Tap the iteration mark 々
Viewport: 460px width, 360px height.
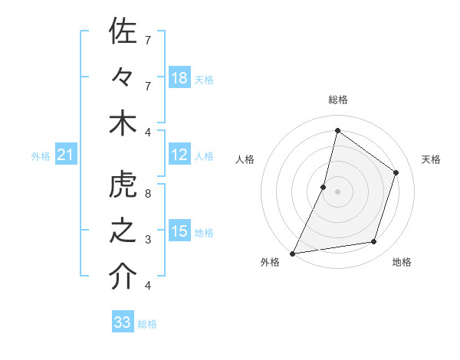(x=123, y=78)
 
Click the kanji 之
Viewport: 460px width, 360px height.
(x=123, y=231)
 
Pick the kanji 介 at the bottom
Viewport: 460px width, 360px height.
(x=123, y=277)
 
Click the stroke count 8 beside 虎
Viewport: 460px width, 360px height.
(x=147, y=193)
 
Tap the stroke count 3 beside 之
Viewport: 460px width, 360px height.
(x=147, y=240)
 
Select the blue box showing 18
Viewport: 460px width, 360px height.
(x=179, y=78)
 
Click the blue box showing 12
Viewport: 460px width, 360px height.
(x=179, y=155)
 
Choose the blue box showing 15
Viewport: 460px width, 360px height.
(x=179, y=231)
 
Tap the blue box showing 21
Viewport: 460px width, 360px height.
(x=65, y=155)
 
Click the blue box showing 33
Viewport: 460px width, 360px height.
(x=123, y=322)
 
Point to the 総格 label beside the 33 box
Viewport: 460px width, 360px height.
(x=147, y=324)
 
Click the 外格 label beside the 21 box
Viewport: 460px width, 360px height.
(x=41, y=156)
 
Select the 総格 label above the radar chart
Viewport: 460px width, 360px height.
(x=337, y=100)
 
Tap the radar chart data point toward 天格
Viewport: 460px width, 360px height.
(x=396, y=172)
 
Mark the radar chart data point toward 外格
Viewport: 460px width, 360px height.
(x=292, y=253)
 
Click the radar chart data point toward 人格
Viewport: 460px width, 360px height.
(x=324, y=187)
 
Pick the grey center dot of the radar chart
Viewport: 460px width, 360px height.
(x=337, y=191)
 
